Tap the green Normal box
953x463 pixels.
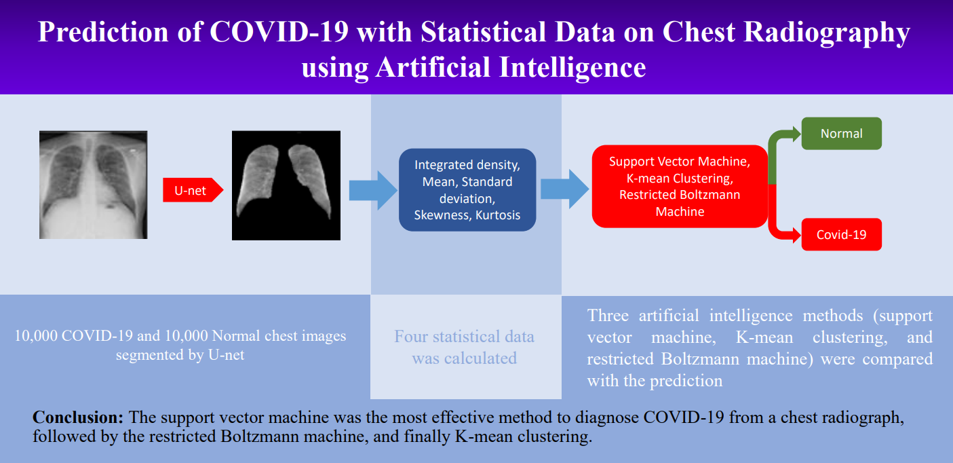coord(841,134)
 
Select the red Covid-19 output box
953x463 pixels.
coord(841,235)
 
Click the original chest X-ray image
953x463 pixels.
coord(93,185)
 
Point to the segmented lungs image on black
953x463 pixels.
coord(286,185)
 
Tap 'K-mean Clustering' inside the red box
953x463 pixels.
coord(679,179)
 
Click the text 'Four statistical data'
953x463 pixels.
coord(464,337)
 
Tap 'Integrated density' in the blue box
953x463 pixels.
coord(467,165)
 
